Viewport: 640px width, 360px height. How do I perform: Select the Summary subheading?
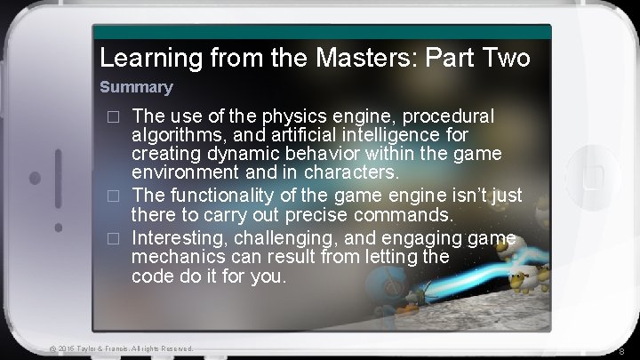pos(136,87)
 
